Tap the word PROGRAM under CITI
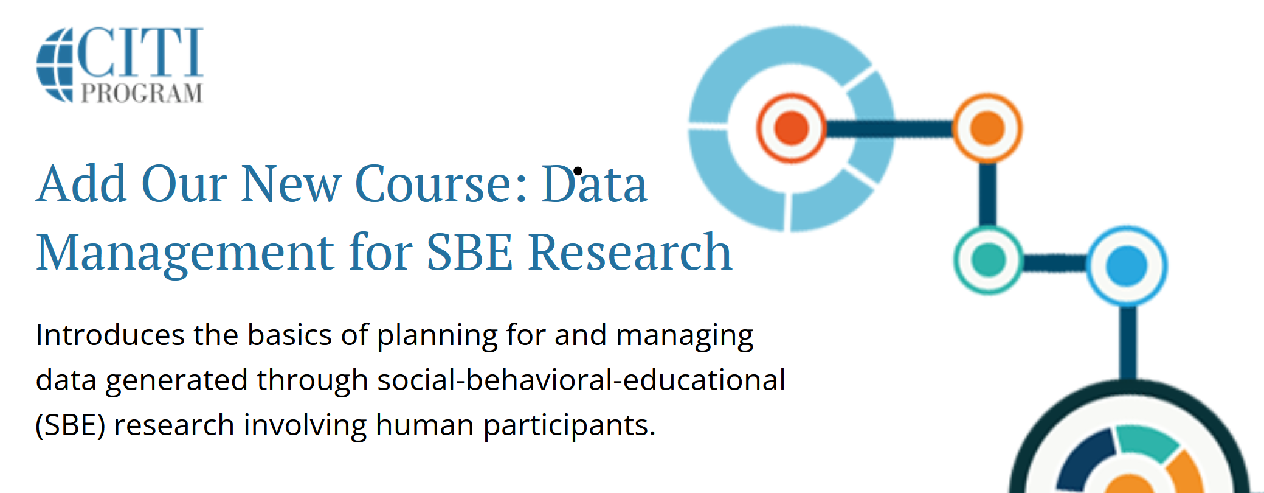[142, 94]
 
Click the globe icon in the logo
[55, 65]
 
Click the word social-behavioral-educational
[581, 380]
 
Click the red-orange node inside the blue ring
[791, 128]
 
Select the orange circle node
[987, 128]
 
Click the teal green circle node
[989, 260]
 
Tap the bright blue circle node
[1127, 265]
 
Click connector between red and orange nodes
[889, 128]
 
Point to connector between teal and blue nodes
[1055, 263]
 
